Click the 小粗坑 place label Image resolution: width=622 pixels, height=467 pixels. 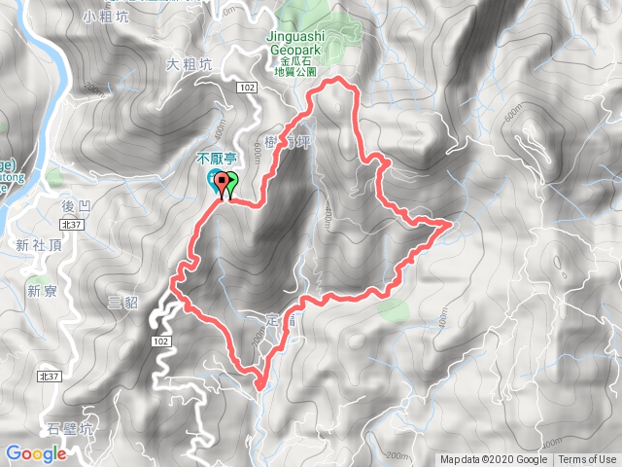tap(99, 16)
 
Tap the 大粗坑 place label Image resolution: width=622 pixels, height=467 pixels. tap(189, 65)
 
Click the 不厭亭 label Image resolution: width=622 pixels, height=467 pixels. tap(218, 157)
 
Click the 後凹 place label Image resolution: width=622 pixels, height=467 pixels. tap(75, 206)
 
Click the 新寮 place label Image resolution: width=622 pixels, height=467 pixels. tap(39, 290)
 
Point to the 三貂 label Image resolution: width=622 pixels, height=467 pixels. tap(123, 303)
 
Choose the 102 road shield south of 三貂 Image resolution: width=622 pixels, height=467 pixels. tap(161, 341)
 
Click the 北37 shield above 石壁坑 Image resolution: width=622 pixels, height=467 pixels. tap(48, 375)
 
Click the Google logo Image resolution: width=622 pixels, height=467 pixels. tap(35, 452)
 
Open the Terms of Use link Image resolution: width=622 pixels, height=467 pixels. tap(586, 460)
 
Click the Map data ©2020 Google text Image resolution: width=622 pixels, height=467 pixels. tap(493, 460)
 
